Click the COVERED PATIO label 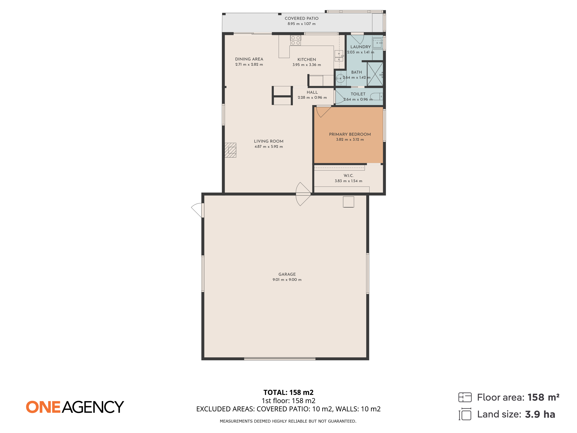pyautogui.click(x=302, y=18)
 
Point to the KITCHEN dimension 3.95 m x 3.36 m pyautogui.click(x=307, y=65)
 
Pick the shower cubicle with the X pyautogui.click(x=375, y=74)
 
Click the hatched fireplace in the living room pyautogui.click(x=231, y=150)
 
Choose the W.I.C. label pyautogui.click(x=348, y=176)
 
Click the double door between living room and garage pyautogui.click(x=303, y=194)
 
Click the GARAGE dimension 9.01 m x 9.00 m pyautogui.click(x=287, y=279)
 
